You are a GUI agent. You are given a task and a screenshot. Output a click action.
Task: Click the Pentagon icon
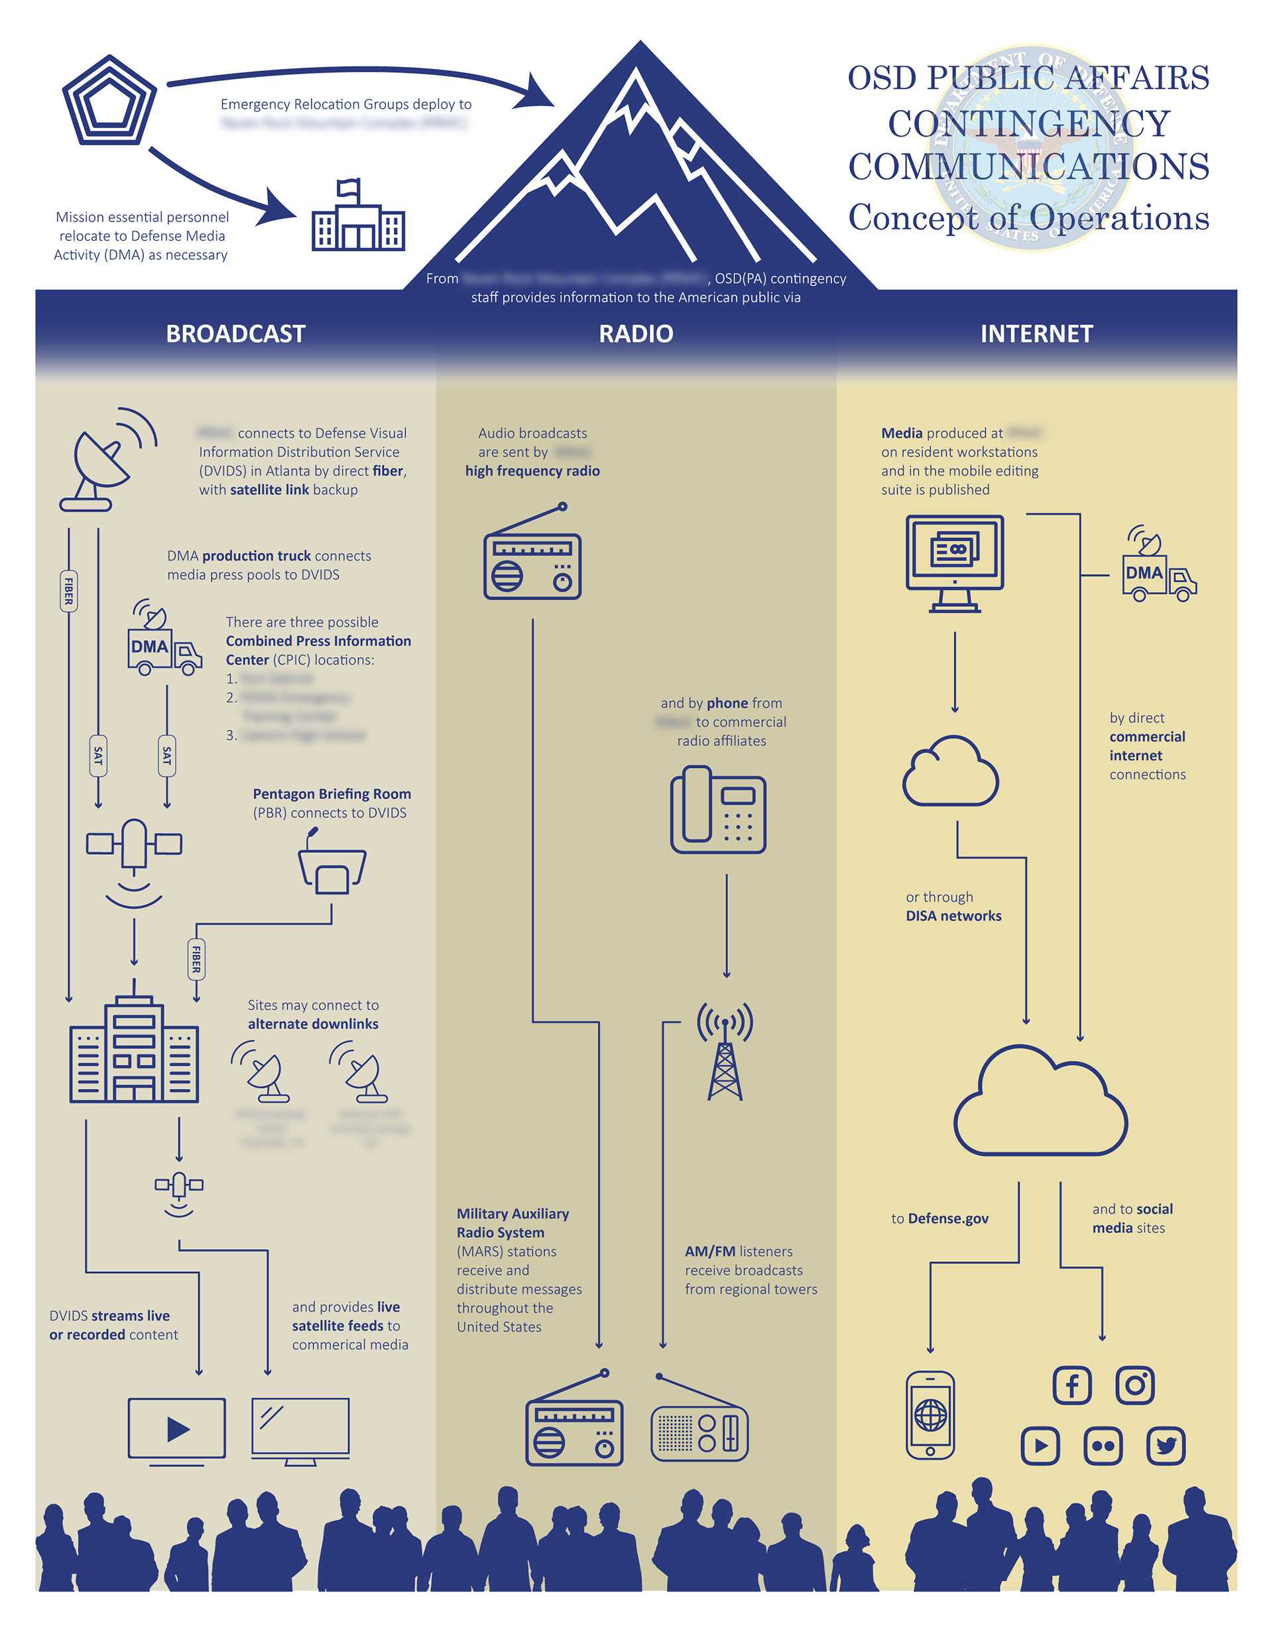click(109, 101)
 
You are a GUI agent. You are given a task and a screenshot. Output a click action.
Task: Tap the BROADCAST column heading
click(235, 334)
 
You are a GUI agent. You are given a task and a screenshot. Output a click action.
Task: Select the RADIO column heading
click(636, 334)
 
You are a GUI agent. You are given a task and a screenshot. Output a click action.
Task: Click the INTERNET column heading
click(1036, 334)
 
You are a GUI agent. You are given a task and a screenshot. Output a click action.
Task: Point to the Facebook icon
click(1071, 1385)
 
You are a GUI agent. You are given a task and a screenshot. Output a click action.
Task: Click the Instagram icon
click(1134, 1385)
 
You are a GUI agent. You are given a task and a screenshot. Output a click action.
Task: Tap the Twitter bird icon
click(1166, 1446)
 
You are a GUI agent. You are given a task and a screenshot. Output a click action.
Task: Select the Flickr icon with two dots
click(1103, 1446)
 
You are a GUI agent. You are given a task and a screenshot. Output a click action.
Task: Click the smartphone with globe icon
click(930, 1414)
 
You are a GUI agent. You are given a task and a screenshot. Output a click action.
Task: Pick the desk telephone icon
click(719, 810)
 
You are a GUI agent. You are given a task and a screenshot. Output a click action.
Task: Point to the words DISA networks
click(953, 916)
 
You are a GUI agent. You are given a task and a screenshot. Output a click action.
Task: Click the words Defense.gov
click(948, 1218)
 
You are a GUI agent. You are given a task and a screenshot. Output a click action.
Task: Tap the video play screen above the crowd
click(176, 1429)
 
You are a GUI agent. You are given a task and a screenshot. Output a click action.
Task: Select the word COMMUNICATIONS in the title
click(1028, 166)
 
